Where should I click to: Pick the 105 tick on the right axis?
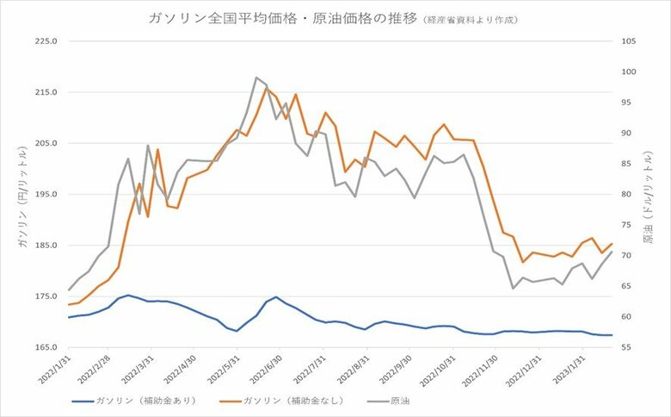click(627, 41)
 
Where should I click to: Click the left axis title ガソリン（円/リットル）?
click(21, 195)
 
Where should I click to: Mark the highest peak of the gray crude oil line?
click(256, 78)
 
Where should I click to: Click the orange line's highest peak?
click(267, 87)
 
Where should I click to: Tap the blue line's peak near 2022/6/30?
click(276, 297)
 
